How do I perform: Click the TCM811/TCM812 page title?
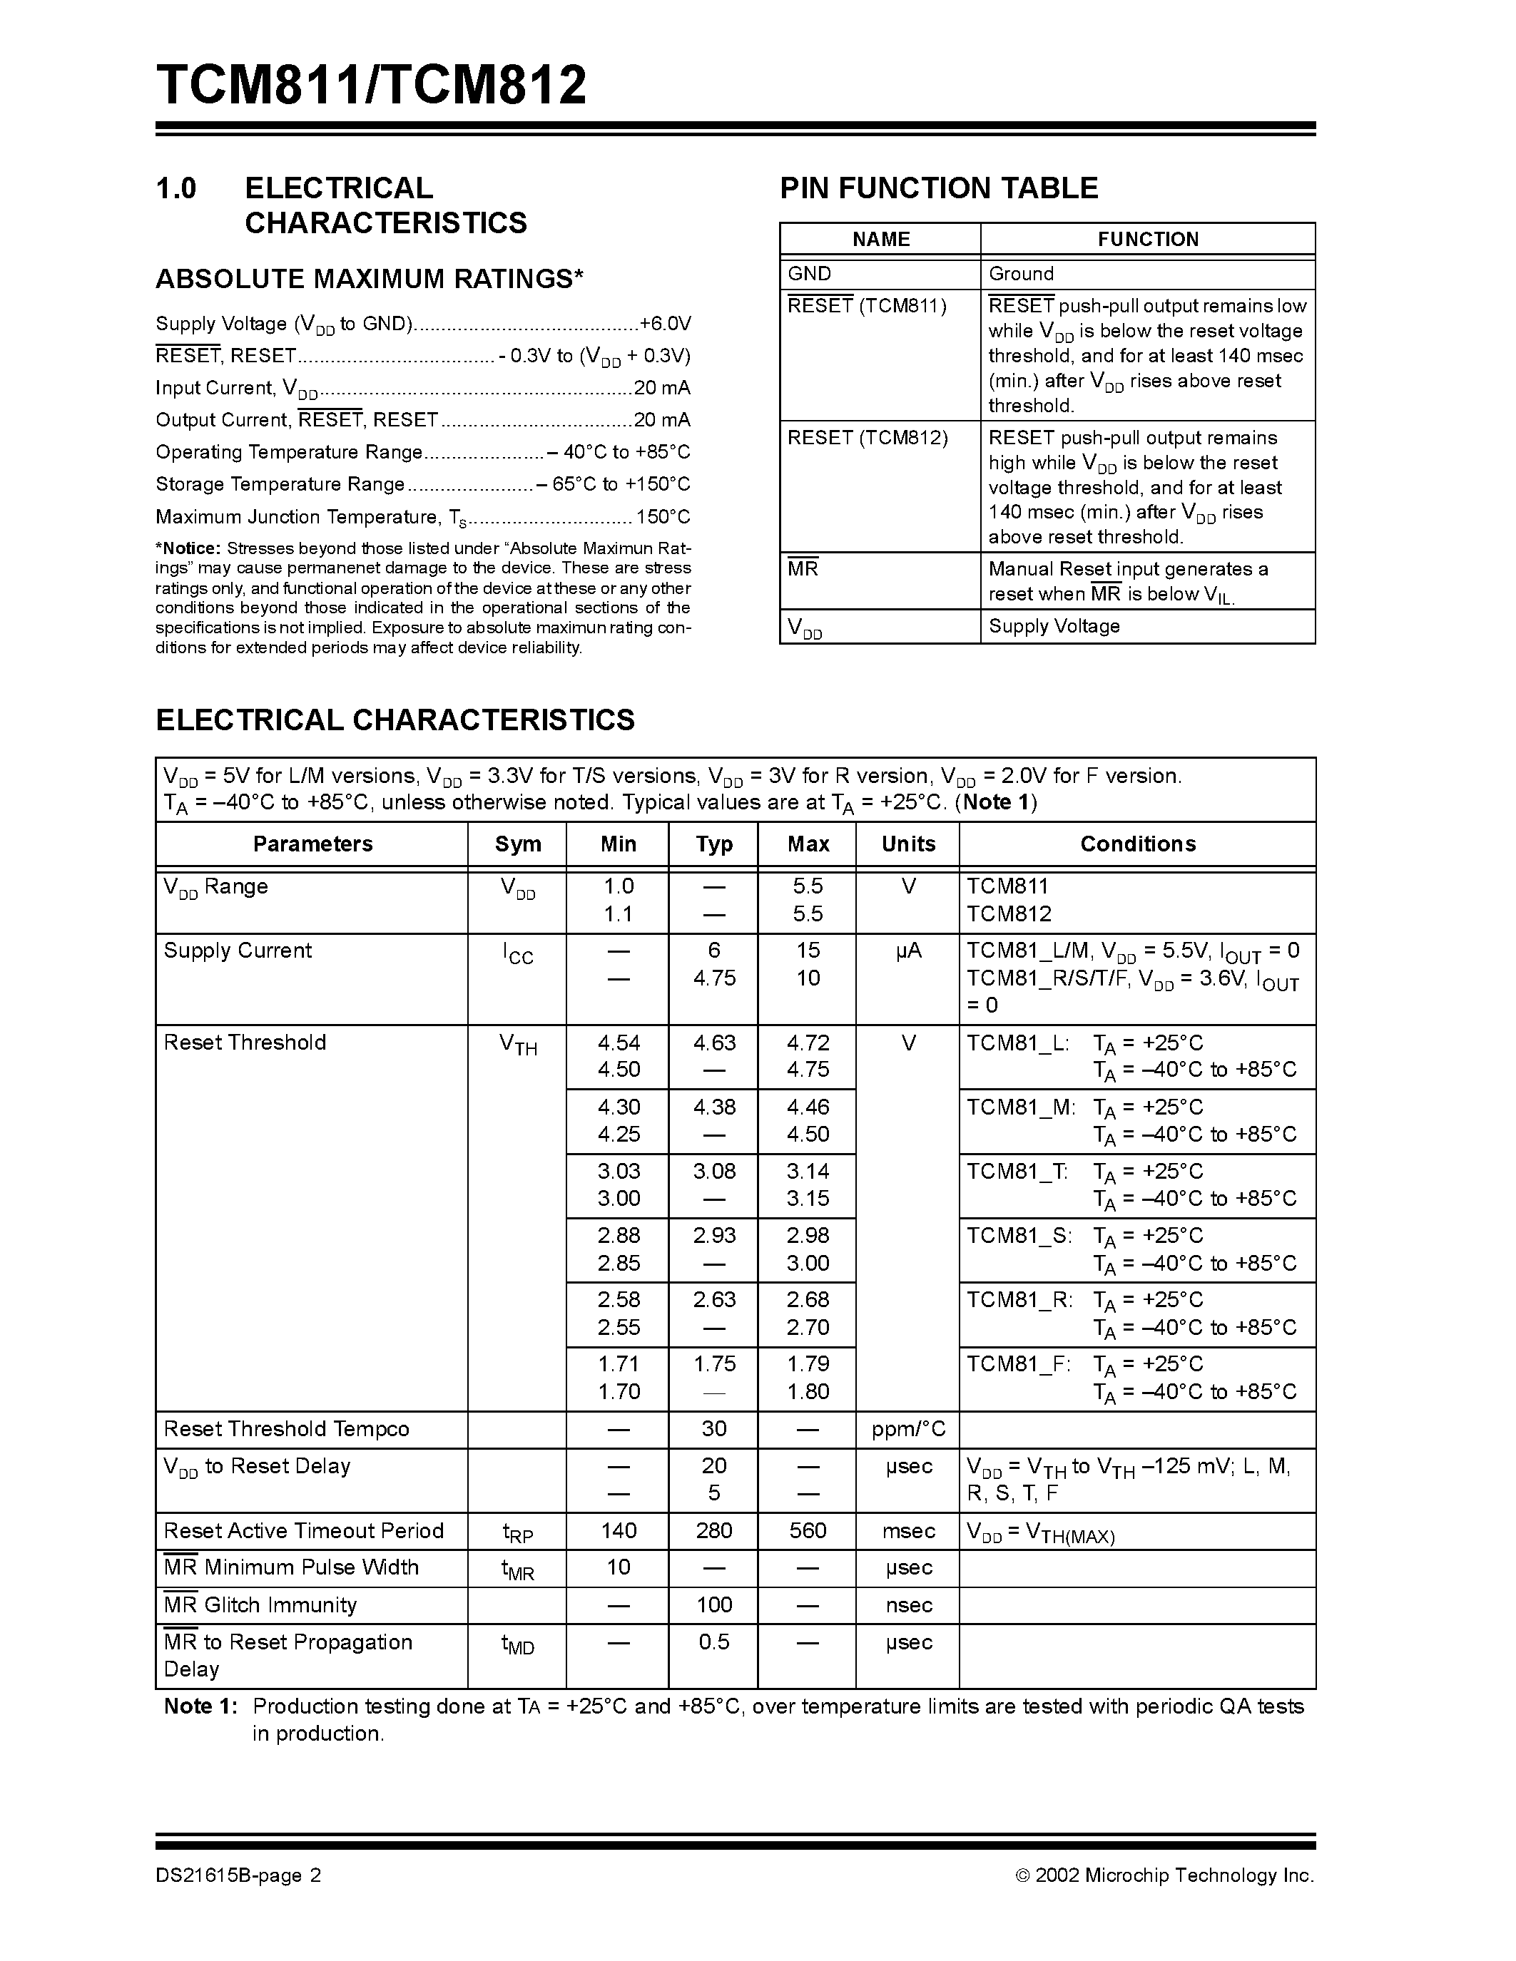371,86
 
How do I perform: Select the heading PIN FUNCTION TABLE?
939,188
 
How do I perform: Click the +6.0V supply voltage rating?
665,323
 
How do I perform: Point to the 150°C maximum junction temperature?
663,517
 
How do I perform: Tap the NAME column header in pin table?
880,239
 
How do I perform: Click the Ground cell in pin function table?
1021,274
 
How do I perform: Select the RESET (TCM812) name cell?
868,437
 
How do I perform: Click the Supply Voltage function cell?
1054,626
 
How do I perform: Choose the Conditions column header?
1137,844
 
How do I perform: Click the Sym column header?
517,844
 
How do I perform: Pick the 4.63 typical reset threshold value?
714,1043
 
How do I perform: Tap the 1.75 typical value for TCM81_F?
714,1364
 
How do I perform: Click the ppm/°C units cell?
908,1428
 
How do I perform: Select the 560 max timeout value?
808,1531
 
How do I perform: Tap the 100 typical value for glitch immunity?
714,1604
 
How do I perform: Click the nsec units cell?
908,1604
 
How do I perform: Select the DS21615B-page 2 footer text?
238,1875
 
